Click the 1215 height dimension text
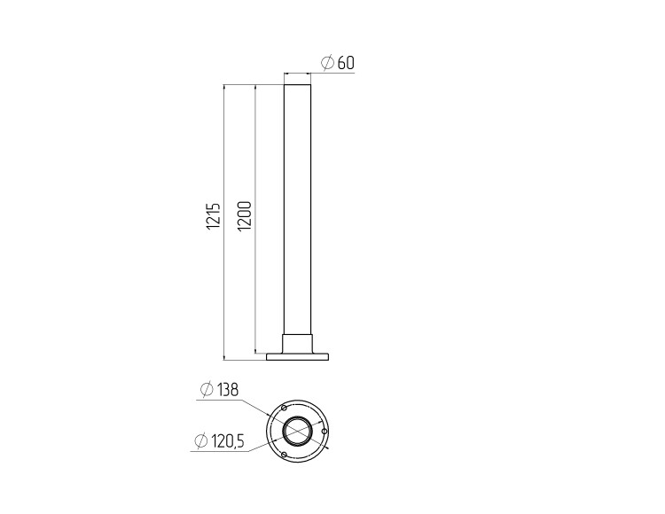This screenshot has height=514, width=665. tap(215, 215)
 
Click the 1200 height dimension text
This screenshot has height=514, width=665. tap(245, 215)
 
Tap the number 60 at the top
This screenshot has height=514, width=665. tap(346, 63)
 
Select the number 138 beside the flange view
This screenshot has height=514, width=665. tap(227, 389)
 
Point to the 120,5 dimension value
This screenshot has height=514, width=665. tap(227, 441)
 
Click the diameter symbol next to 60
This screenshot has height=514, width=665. tap(328, 63)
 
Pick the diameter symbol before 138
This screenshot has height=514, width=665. tap(207, 389)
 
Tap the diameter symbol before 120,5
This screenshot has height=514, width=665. tap(201, 441)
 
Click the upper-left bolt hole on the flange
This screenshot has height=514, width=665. tap(284, 408)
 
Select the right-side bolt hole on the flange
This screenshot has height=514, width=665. tap(325, 431)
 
